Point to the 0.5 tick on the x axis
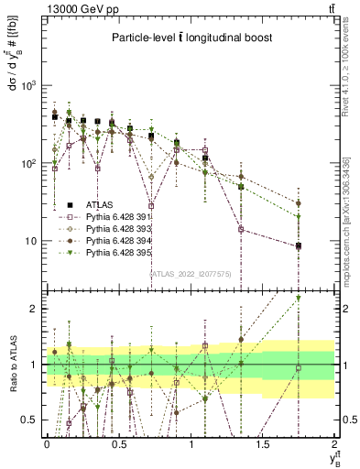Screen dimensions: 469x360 (118, 443)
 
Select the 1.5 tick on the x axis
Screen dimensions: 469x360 (263, 443)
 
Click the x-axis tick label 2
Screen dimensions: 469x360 (335, 443)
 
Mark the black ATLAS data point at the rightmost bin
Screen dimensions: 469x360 (299, 245)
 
